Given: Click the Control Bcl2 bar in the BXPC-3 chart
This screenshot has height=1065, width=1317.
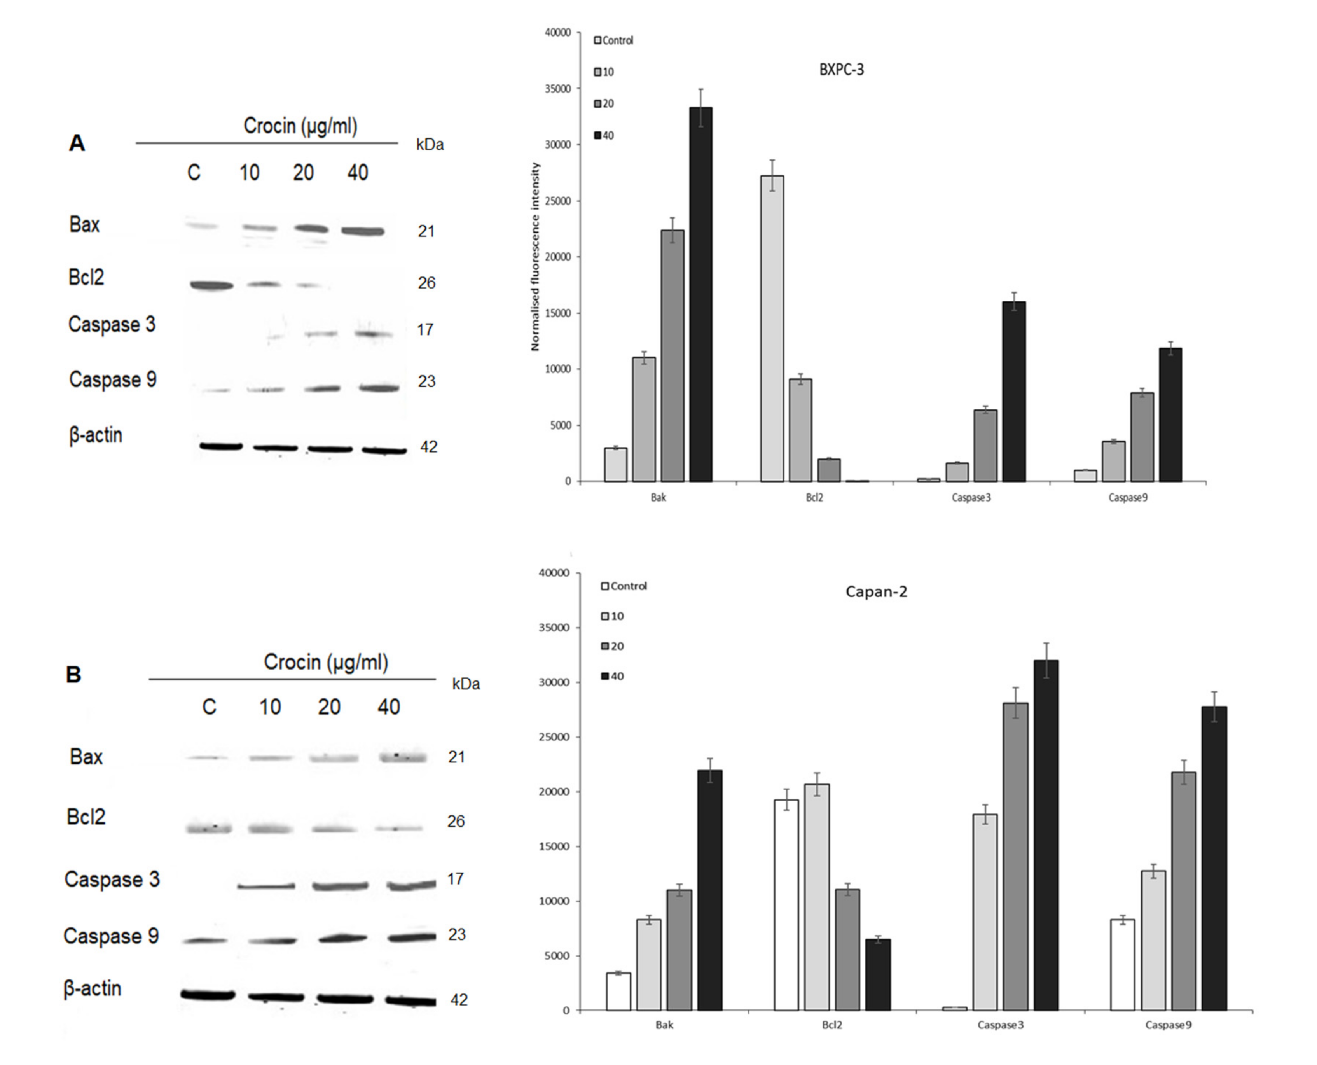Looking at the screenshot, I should tap(772, 328).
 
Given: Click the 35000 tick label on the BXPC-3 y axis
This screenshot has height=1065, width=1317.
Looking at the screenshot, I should tap(557, 89).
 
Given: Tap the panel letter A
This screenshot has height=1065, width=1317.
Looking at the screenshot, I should tap(77, 143).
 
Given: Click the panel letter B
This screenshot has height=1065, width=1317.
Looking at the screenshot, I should tap(73, 675).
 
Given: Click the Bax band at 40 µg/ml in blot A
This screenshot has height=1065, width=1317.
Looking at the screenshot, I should tap(363, 231).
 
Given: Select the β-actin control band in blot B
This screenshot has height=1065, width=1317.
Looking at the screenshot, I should tap(208, 995).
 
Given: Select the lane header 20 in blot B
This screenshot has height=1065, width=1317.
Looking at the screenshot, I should tap(329, 707).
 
